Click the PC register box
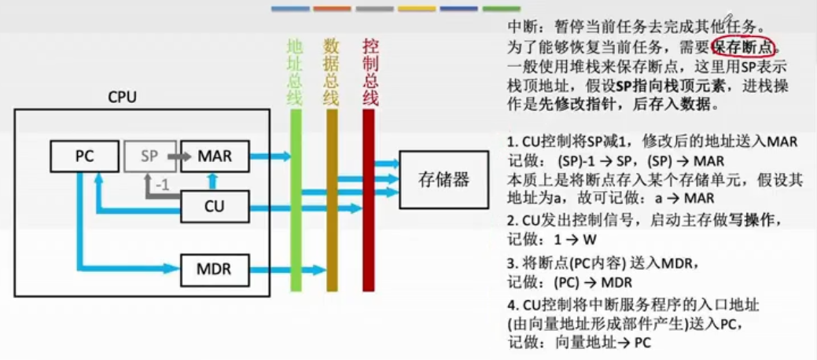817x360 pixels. (83, 156)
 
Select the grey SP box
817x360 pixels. (149, 156)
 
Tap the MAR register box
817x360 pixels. (215, 156)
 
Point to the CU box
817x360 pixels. (215, 207)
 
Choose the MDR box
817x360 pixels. (215, 269)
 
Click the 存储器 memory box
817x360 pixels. (443, 180)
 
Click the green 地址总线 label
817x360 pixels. (295, 72)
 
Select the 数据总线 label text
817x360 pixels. (332, 72)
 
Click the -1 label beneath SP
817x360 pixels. (162, 186)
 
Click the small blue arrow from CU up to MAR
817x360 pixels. (210, 181)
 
